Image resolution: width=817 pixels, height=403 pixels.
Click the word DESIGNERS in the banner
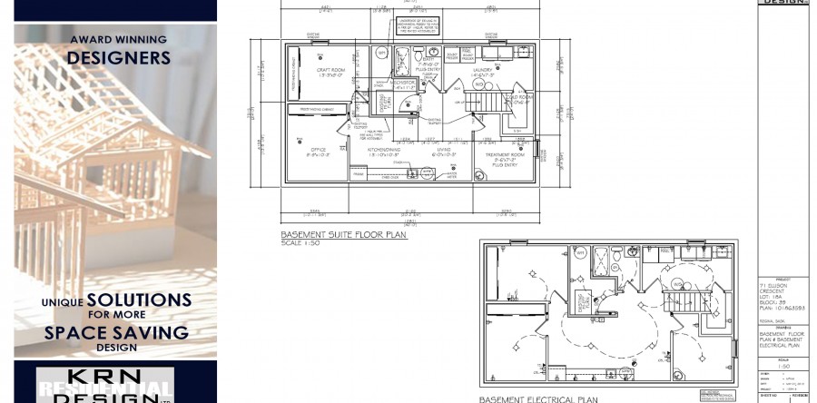point(119,57)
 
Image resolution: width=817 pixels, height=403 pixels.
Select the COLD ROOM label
point(519,100)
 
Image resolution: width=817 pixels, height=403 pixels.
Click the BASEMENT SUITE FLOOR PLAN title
point(344,235)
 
